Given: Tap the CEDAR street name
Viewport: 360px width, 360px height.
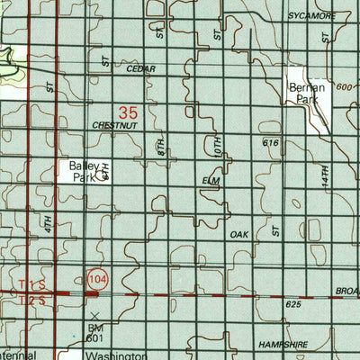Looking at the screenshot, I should click(x=141, y=68).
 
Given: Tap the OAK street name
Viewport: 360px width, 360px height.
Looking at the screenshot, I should click(x=238, y=234).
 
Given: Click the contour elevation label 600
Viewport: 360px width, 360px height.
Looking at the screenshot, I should click(x=342, y=86).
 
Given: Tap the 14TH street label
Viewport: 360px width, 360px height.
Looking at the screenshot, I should click(x=323, y=175).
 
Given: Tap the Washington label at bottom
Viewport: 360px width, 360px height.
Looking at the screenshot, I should click(x=117, y=356).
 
